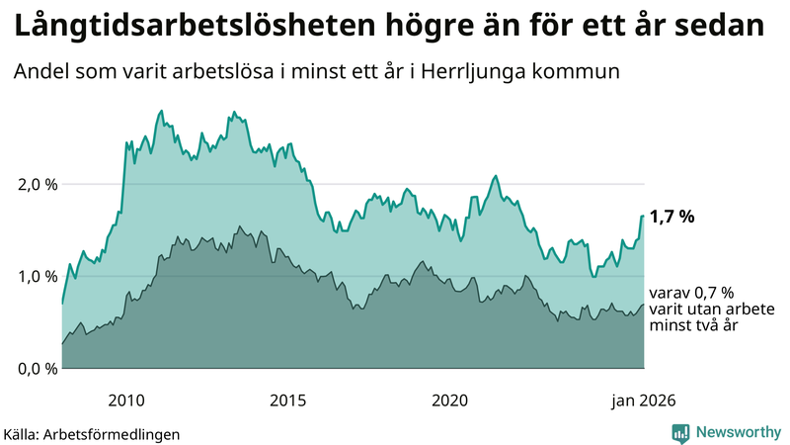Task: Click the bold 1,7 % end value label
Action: [x=672, y=217]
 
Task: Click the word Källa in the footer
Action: [x=19, y=433]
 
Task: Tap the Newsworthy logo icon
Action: [x=680, y=432]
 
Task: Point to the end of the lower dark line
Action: [x=644, y=305]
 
